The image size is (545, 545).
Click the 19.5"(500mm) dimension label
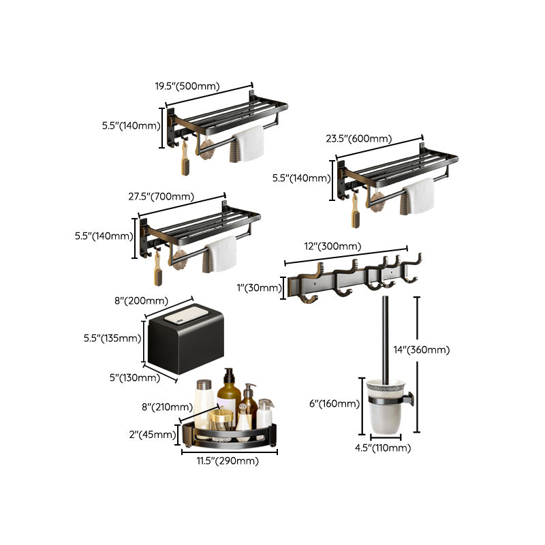pyautogui.click(x=186, y=86)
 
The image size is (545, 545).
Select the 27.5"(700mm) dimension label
pyautogui.click(x=161, y=197)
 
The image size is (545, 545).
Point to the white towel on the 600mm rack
pyautogui.click(x=418, y=196)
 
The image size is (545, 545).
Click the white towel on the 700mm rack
pyautogui.click(x=221, y=254)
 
